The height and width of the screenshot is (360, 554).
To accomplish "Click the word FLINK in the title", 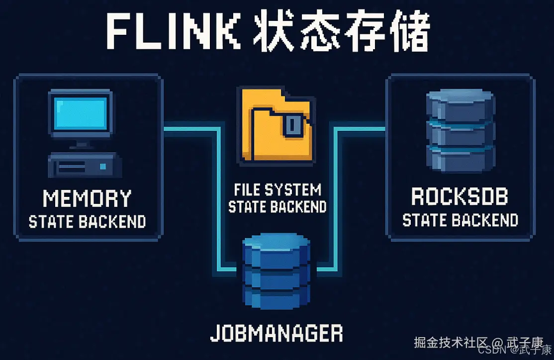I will pos(171,33).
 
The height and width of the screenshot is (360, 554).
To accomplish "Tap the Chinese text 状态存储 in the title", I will pos(341,33).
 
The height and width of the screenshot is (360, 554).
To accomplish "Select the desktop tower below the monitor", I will pos(83,166).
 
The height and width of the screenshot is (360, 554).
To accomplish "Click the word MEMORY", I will pos(87,198).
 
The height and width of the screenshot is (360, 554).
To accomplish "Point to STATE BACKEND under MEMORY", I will pos(87,221).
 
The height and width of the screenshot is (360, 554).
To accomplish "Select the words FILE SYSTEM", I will pos(277,189).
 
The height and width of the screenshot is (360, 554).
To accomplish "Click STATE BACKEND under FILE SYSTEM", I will pos(277,206).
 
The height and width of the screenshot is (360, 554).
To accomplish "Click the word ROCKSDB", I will pos(460,197).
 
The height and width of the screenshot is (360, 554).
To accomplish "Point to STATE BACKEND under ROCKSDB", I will pos(460,220).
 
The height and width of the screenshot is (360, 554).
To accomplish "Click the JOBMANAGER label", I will pos(277,333).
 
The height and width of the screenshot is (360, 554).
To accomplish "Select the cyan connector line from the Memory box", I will pos(219,199).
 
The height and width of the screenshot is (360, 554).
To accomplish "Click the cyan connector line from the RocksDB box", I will pos(336,199).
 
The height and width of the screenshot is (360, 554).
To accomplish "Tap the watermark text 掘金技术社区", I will pos(450,343).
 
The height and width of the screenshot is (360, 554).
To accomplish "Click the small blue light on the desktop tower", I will pos(103,166).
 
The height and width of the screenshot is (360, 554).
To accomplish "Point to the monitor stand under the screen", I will pos(81,144).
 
